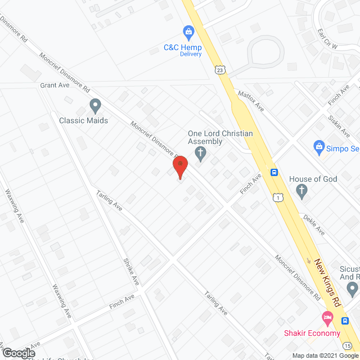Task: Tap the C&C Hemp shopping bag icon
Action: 187,31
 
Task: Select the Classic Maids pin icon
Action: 95,105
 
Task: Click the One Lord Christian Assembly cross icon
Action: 200,152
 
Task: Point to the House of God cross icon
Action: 302,191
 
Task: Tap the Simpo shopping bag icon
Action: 319,147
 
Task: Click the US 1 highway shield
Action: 278,197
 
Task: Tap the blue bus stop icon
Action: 274,173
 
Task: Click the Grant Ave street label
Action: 55,86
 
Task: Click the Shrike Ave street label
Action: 131,271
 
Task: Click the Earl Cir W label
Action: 327,40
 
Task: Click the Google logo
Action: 18,353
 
